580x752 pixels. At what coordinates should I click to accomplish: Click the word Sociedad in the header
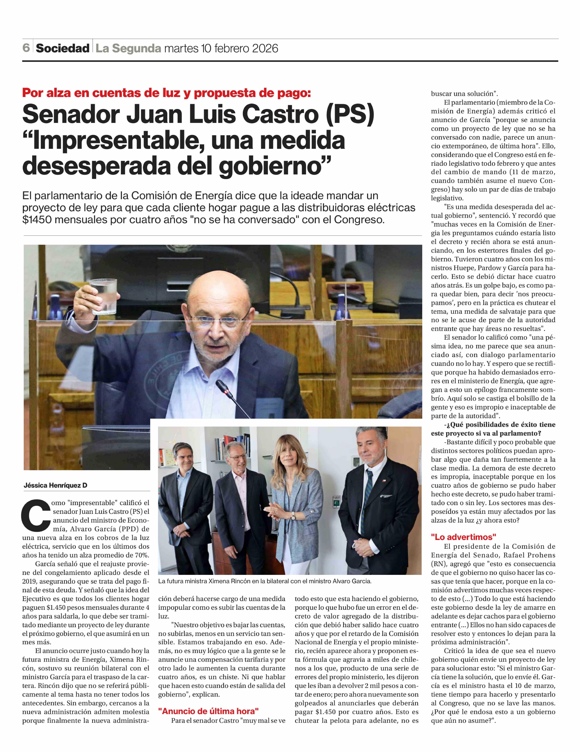pos(62,48)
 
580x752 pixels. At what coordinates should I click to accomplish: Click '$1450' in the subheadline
pos(37,220)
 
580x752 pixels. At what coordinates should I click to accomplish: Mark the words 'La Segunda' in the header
pos(128,48)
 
